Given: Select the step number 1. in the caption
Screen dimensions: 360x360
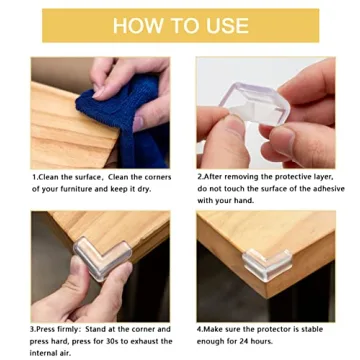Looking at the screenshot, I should point(35,176).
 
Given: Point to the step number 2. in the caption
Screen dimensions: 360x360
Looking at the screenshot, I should point(202,176).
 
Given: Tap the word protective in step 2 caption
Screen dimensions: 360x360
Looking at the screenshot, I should point(290,176).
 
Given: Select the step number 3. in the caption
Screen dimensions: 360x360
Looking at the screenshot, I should point(35,329).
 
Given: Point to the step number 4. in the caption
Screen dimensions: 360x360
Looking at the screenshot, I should point(202,329).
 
